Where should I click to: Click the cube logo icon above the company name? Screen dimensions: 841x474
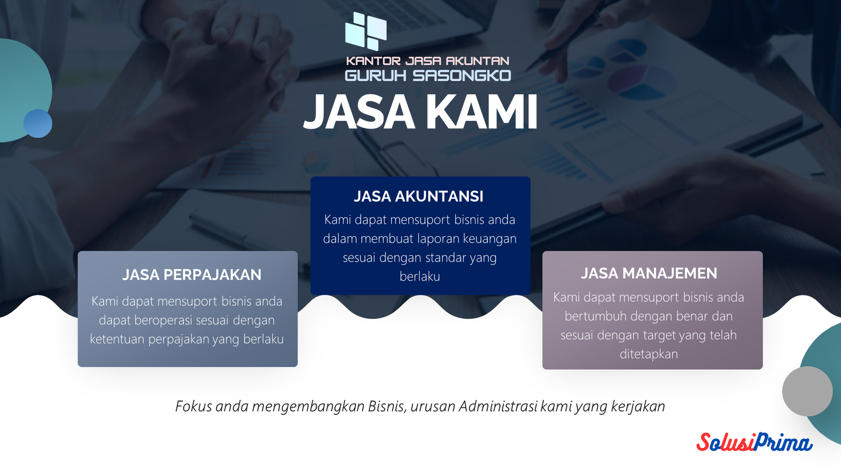[365, 31]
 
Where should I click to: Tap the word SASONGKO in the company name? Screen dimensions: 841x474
[462, 76]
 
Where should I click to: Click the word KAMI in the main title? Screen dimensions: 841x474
[482, 112]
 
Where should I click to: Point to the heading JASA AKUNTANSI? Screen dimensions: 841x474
[418, 196]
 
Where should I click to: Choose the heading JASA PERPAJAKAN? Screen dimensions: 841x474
[192, 275]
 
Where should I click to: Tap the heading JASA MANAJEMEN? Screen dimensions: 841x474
[649, 274]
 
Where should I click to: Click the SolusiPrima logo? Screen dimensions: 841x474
[754, 442]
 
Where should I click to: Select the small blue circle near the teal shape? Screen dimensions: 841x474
[38, 123]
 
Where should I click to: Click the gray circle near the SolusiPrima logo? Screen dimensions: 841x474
[808, 391]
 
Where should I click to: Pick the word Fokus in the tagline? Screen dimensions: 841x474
[194, 406]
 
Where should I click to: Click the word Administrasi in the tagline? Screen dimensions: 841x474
[498, 406]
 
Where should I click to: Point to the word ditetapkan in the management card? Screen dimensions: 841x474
[649, 354]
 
